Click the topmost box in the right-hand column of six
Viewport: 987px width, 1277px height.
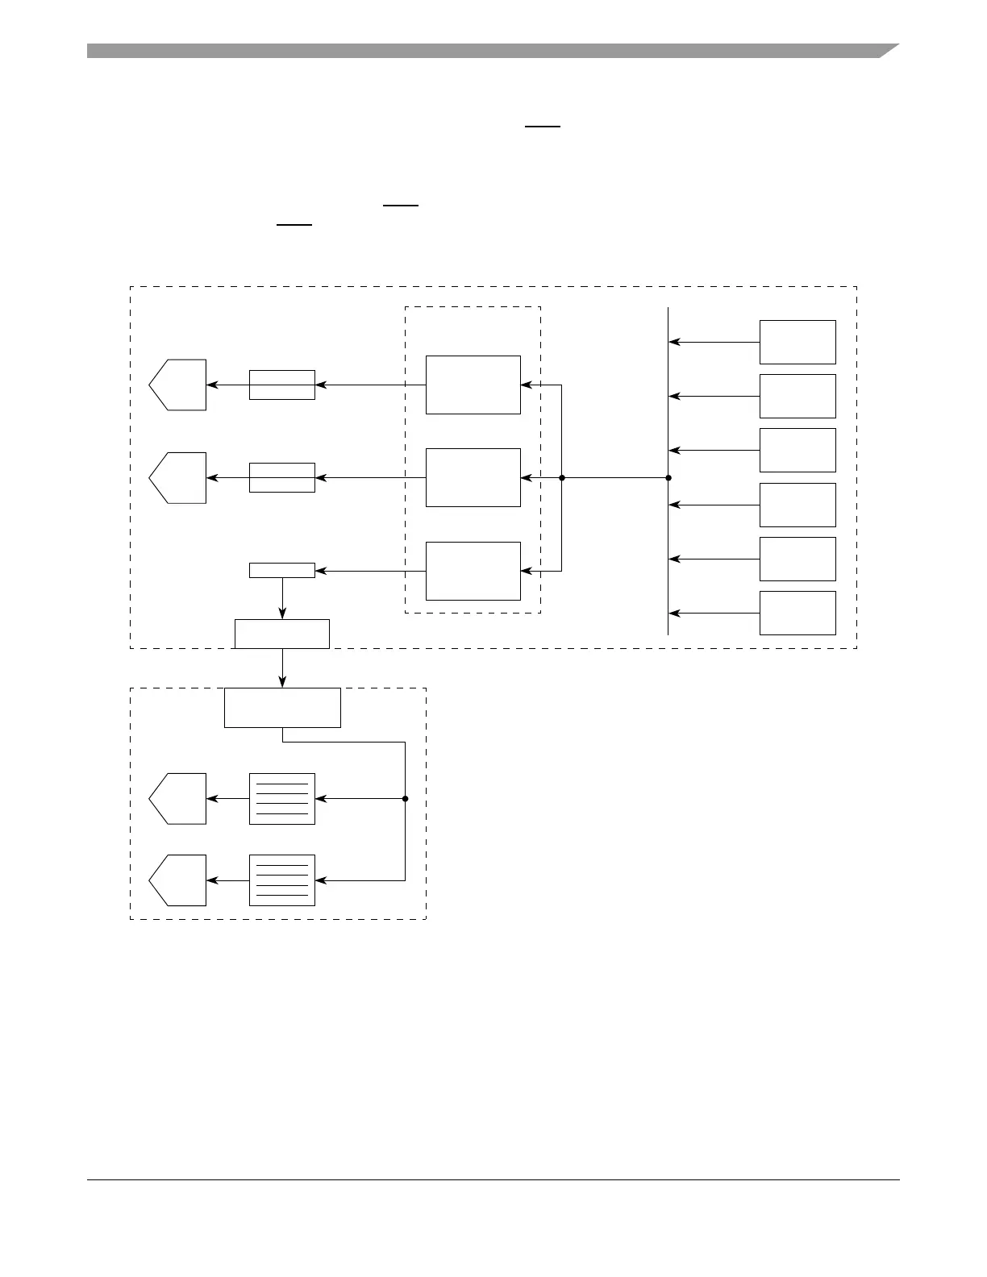tap(798, 342)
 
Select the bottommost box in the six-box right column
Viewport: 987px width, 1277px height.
tap(798, 613)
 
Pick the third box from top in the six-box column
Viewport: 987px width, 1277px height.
tap(798, 450)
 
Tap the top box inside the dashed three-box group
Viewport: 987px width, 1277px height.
tap(473, 385)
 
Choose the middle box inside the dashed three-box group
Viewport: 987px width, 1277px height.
tap(473, 477)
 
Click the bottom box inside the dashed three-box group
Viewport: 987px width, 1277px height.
tap(473, 571)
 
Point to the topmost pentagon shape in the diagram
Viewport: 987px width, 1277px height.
tap(179, 385)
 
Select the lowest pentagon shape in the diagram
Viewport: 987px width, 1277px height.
tap(179, 880)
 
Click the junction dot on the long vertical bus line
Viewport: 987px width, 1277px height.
tap(668, 478)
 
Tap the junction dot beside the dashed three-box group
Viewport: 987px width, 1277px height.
tap(561, 478)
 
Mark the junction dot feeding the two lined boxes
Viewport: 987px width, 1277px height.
tap(405, 799)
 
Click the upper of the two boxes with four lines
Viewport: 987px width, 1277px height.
tap(281, 799)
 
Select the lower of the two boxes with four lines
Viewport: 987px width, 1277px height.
tap(281, 880)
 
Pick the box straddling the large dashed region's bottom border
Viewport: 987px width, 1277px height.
tap(281, 634)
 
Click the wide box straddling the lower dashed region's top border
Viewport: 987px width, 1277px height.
tap(281, 708)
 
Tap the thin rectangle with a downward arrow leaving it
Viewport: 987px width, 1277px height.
tap(281, 571)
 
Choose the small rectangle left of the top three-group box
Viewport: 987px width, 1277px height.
tap(281, 385)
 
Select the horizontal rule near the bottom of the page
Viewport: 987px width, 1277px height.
tap(493, 1180)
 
